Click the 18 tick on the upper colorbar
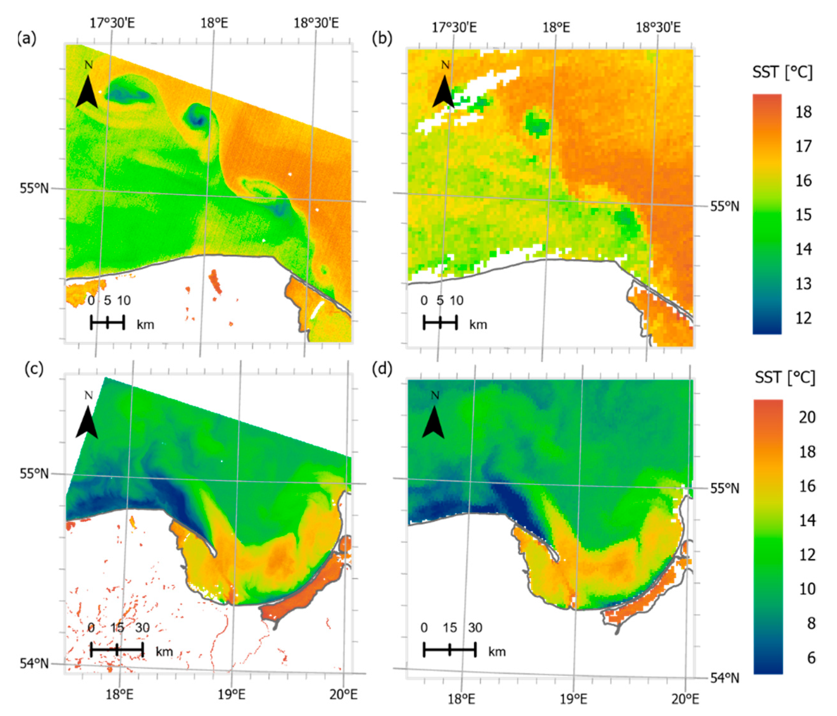(x=803, y=112)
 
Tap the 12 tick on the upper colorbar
(x=803, y=318)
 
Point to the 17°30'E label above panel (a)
(x=112, y=23)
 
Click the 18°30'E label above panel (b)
(x=658, y=28)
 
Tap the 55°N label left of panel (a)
(x=34, y=188)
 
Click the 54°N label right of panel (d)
(x=725, y=678)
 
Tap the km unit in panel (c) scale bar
(x=164, y=651)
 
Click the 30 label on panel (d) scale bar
(x=475, y=628)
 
